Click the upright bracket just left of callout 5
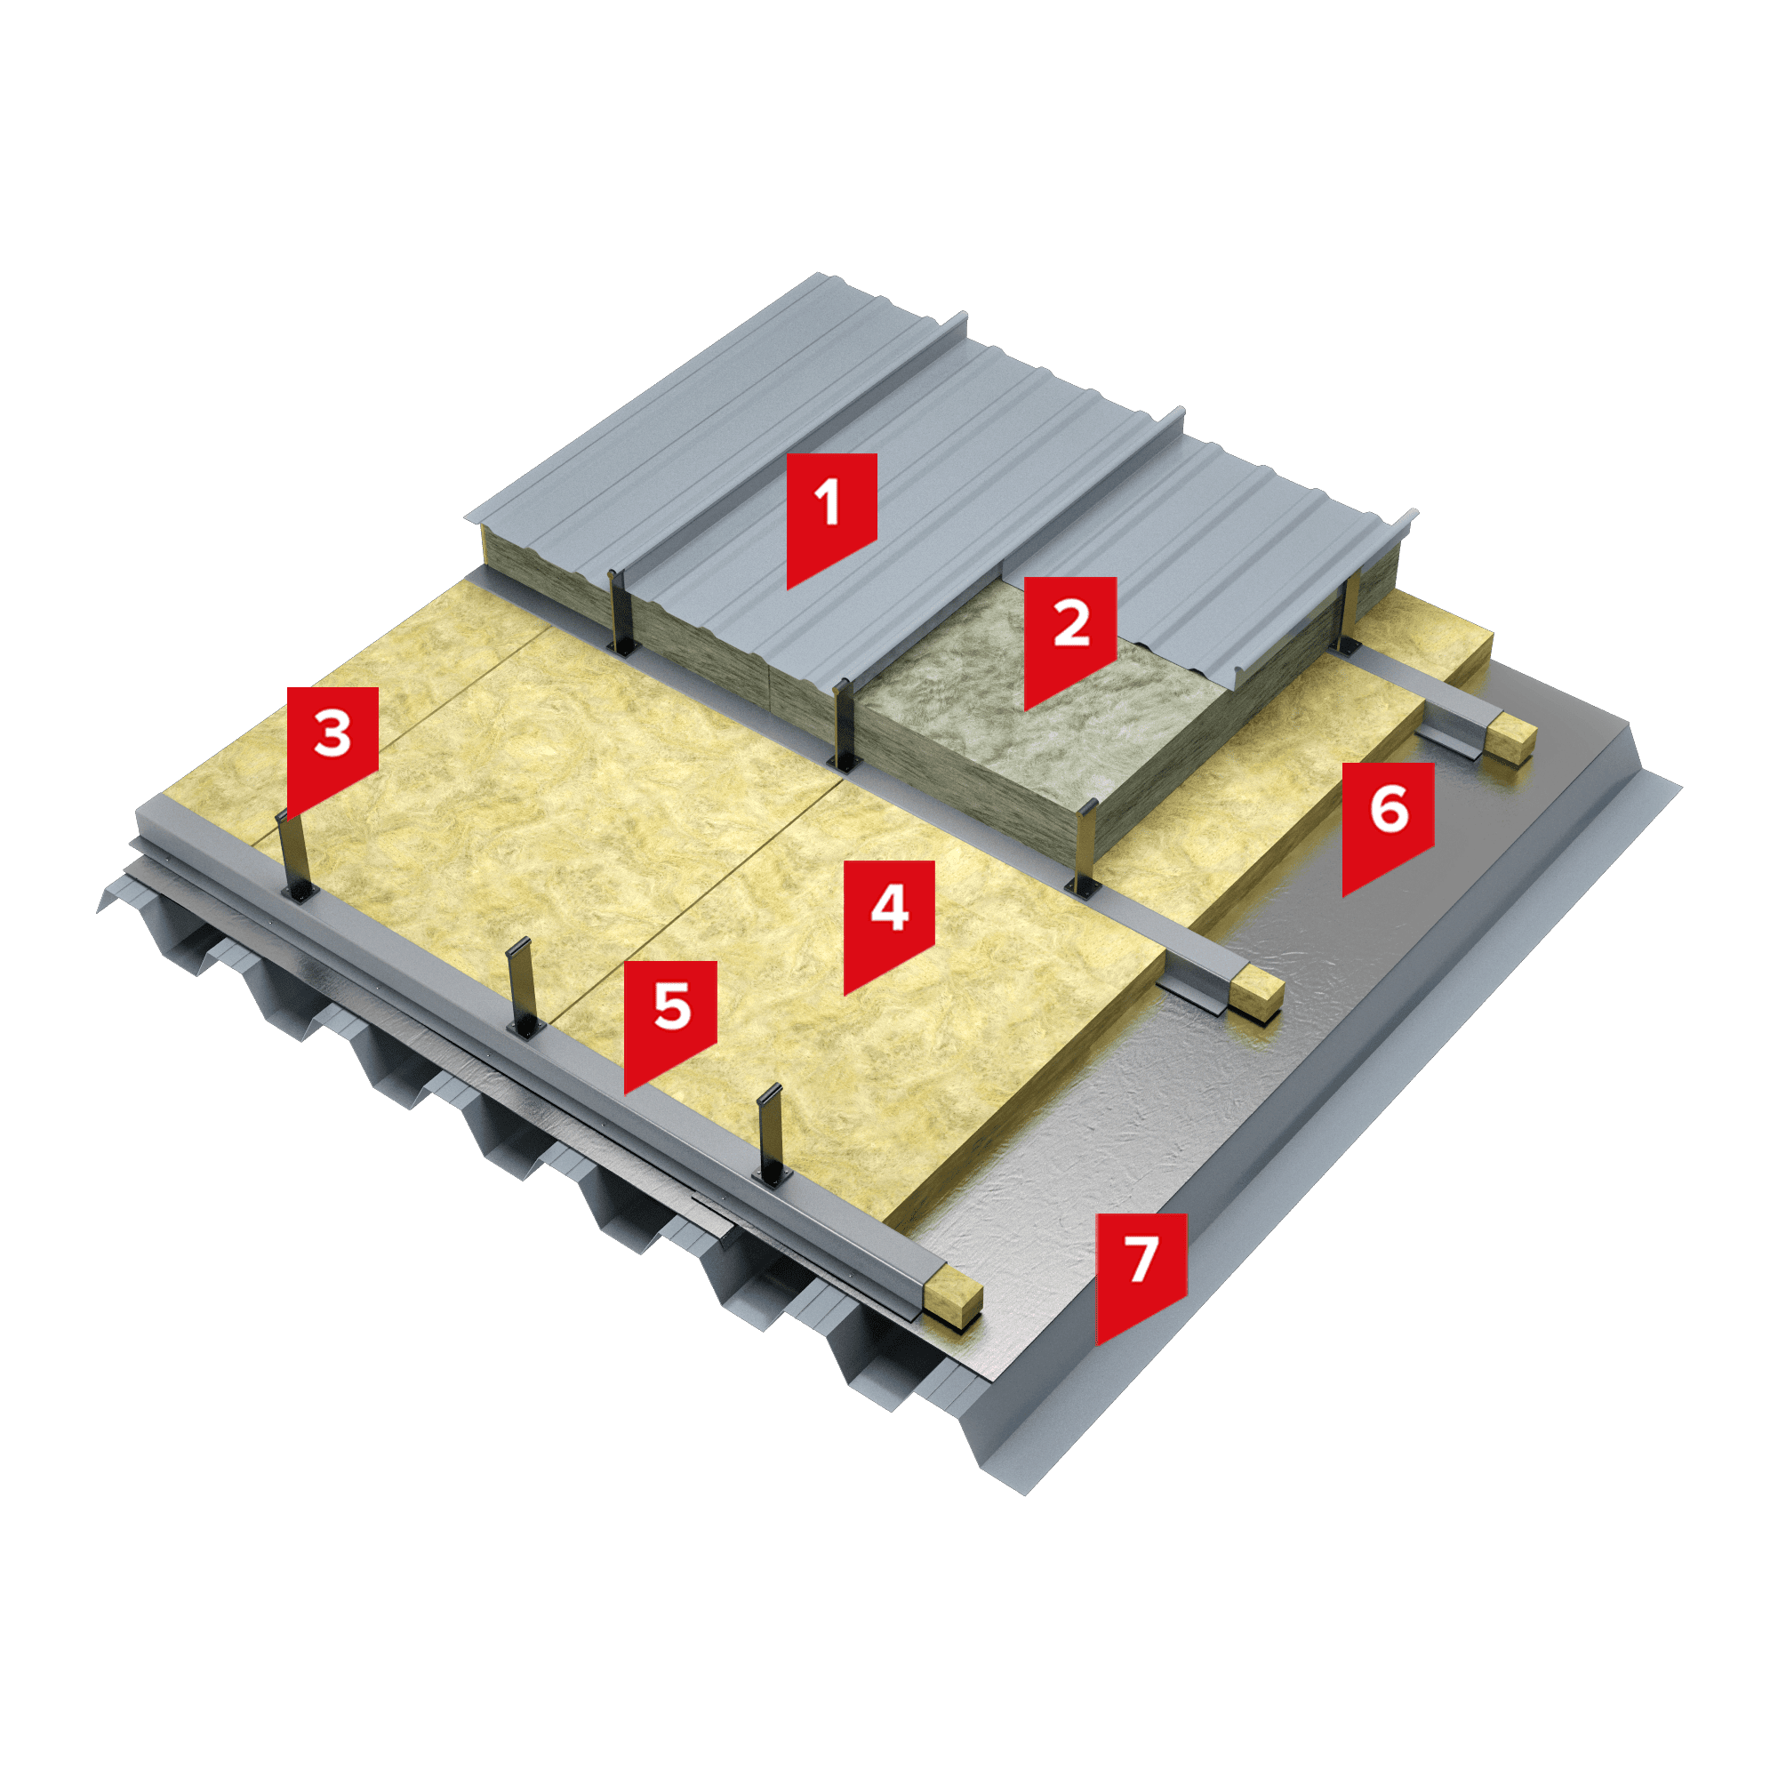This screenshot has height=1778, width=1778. tap(523, 987)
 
